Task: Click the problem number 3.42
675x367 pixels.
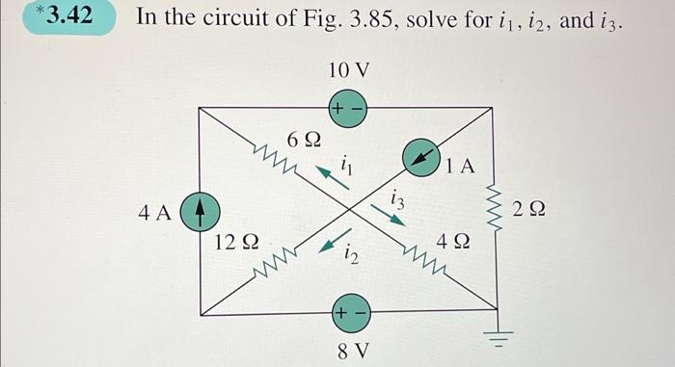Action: click(65, 16)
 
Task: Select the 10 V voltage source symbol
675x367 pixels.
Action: click(348, 108)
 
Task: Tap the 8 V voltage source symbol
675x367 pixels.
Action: click(348, 311)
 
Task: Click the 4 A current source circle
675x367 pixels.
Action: click(198, 209)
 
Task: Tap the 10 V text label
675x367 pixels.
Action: click(348, 70)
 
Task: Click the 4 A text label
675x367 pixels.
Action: click(154, 211)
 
